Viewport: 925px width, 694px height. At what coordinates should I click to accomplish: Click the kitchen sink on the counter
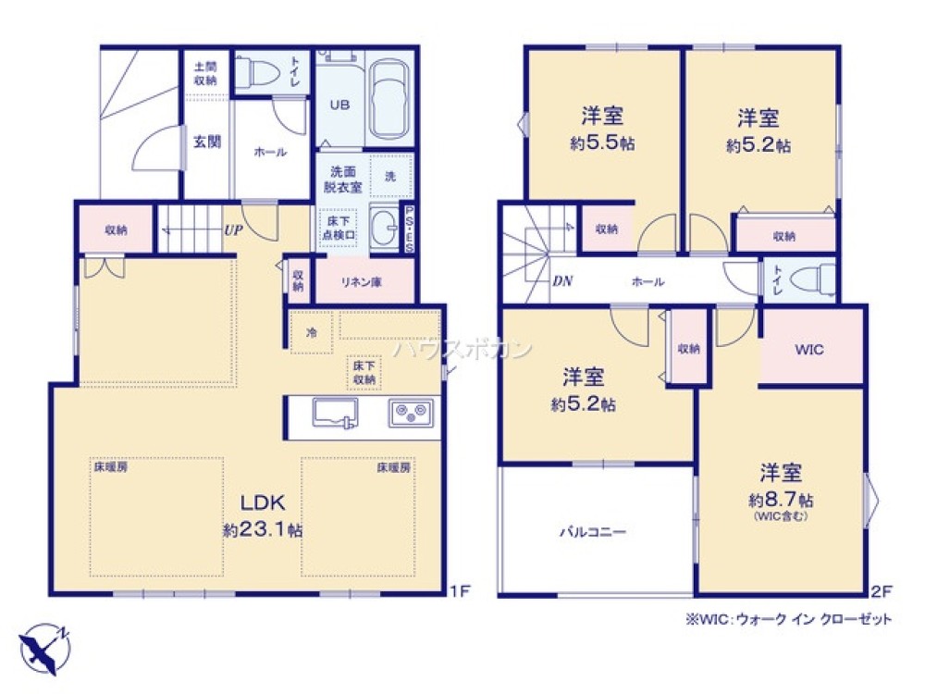coord(329,412)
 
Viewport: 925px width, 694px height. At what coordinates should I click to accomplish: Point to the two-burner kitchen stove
coord(410,411)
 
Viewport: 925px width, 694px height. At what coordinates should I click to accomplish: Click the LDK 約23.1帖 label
coord(263,515)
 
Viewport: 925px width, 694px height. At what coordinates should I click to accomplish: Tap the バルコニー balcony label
coord(593,532)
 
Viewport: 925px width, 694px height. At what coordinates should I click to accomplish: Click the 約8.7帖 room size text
coord(781,500)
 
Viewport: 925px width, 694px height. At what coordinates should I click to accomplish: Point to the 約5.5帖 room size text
coord(601,144)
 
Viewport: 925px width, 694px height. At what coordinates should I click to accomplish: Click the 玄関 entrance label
coord(207,143)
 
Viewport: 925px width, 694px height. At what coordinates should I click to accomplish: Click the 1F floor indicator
coord(460,590)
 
